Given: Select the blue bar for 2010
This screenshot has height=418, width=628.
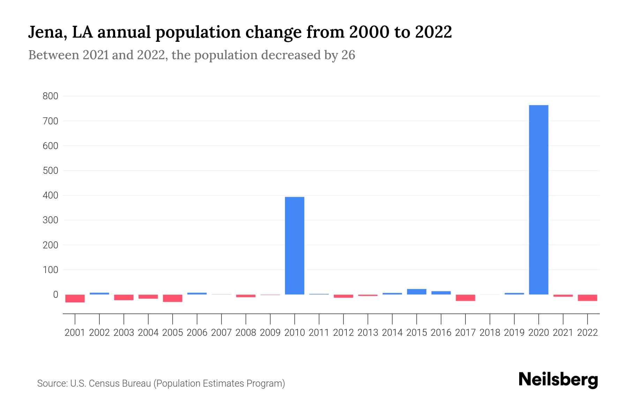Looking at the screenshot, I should tap(294, 246).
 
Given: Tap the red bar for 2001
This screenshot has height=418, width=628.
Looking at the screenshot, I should tap(75, 299).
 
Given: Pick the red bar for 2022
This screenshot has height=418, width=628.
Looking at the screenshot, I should tap(587, 298).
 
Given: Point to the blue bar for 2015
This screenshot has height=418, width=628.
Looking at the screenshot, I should tap(416, 292).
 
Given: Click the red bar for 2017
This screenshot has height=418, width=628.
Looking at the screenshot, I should tap(465, 298).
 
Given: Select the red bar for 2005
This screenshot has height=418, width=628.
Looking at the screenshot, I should tap(173, 298).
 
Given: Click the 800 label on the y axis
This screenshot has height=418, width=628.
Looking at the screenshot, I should tap(50, 96).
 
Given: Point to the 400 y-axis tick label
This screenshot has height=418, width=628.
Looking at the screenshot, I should tap(50, 195).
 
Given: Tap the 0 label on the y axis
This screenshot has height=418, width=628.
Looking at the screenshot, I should tap(55, 295).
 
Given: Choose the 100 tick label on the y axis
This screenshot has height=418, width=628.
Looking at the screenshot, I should tap(50, 270).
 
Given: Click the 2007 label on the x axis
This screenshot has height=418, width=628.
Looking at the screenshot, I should tap(221, 333).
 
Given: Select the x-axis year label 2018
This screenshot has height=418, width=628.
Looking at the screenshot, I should tap(489, 333).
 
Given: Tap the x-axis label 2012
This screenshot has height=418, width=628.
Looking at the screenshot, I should tap(343, 333).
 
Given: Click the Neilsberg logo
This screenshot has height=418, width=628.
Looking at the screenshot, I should tap(558, 380).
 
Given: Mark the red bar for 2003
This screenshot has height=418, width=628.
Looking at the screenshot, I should tap(124, 297).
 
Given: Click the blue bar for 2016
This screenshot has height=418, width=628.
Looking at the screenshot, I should tap(441, 293).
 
